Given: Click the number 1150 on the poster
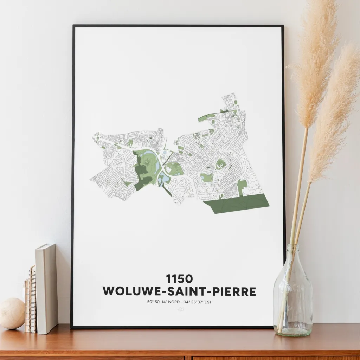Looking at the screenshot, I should point(180,279).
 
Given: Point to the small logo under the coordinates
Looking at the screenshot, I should point(180,309).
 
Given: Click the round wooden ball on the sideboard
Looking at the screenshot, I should point(12,313).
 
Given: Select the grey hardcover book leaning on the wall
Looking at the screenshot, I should point(46,288).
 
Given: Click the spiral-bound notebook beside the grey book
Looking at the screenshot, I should point(32,299).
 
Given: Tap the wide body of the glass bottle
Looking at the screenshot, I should point(292,302).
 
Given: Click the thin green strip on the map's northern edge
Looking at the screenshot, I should point(211,116).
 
